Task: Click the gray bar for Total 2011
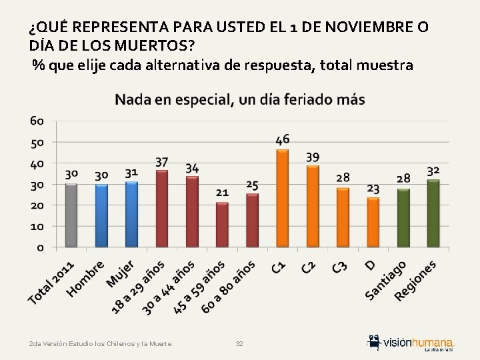click(x=71, y=215)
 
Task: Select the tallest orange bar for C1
click(x=282, y=198)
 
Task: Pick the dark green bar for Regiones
click(x=433, y=213)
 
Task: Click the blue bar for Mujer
click(x=131, y=214)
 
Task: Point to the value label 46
click(x=282, y=139)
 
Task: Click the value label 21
click(x=222, y=192)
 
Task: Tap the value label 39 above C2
click(x=312, y=157)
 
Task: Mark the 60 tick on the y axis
click(x=37, y=121)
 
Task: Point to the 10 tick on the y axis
click(x=37, y=227)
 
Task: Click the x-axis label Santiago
click(x=386, y=280)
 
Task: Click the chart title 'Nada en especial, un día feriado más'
click(x=240, y=100)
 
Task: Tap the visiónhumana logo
click(x=411, y=342)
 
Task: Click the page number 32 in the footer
click(x=239, y=344)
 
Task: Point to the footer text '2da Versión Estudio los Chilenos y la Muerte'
click(x=100, y=344)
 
